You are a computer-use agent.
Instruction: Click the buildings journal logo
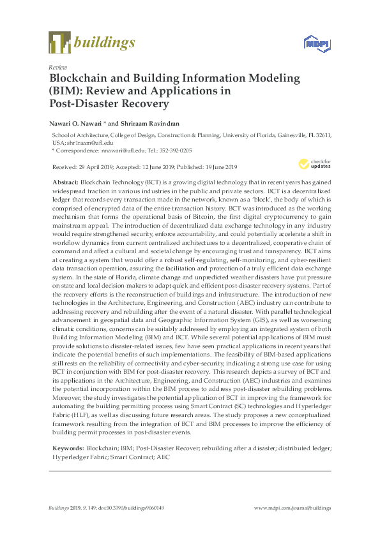pyautogui.click(x=92, y=43)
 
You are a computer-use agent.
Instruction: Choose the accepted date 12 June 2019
pyautogui.click(x=162, y=168)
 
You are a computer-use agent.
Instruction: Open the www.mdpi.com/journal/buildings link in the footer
pyautogui.click(x=293, y=508)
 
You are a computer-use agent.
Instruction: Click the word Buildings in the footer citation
pyautogui.click(x=60, y=508)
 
